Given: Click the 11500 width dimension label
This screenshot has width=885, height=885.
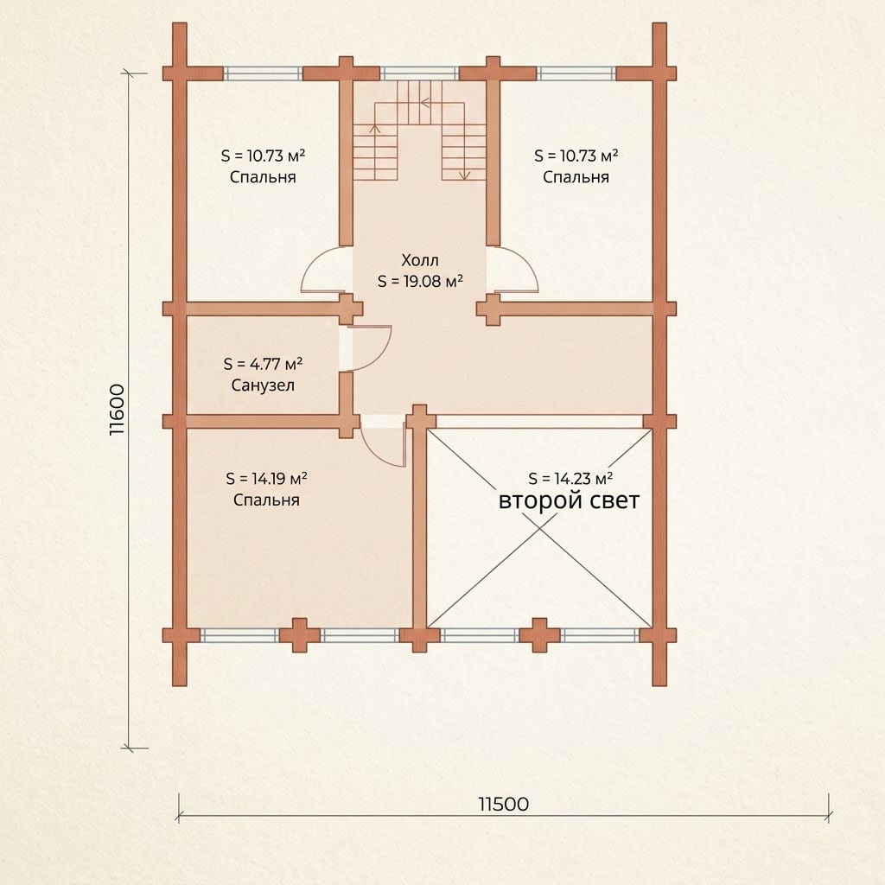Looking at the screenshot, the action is tap(504, 804).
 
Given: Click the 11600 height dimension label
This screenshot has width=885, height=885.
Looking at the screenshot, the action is tap(117, 409).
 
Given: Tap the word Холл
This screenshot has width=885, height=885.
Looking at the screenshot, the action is tap(420, 260).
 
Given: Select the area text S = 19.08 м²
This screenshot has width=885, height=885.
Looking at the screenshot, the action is tap(421, 281).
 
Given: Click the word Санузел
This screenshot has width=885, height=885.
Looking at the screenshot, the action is tap(263, 385).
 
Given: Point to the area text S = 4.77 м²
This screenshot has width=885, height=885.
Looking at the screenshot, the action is tap(263, 364).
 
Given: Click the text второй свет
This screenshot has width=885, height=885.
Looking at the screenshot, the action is tap(569, 500).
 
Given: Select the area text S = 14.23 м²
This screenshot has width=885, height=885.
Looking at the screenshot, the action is tap(570, 478).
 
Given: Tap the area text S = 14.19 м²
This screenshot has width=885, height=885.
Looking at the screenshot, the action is tap(266, 479).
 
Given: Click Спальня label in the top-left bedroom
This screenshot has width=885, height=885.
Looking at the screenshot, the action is tap(263, 177).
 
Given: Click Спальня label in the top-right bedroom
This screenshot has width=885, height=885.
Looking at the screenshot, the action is tap(576, 177).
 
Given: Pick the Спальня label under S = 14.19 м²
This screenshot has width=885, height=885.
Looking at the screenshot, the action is tap(266, 500).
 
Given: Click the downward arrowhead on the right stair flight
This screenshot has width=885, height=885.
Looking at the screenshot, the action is tap(464, 175).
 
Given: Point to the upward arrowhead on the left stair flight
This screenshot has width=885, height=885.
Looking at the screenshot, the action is tap(374, 128).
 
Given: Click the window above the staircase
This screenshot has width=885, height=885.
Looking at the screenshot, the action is tap(419, 73).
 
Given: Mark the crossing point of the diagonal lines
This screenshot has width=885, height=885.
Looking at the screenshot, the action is tap(539, 528).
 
